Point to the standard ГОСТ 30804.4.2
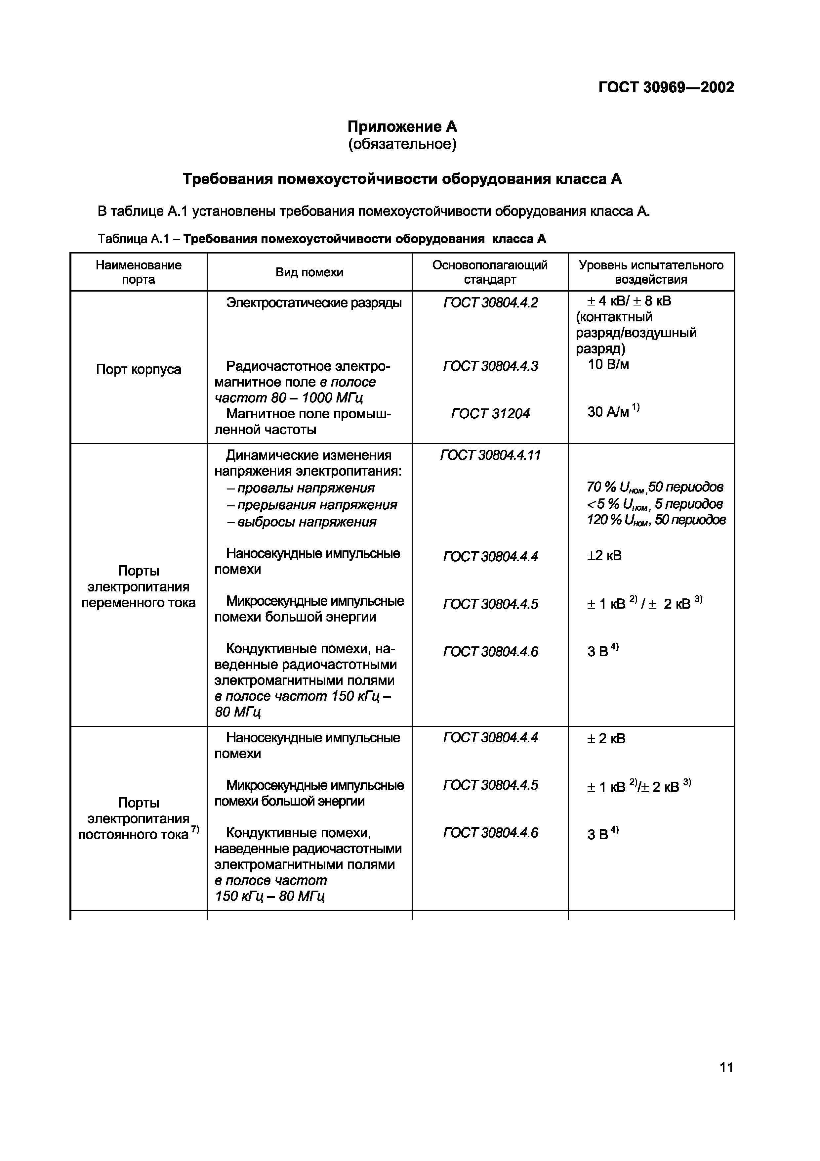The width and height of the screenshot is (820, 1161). pos(490,302)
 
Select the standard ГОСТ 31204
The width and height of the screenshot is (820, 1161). pos(490,414)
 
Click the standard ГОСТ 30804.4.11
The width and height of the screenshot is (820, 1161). pos(490,455)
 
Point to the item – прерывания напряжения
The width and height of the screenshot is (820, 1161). pos(311,505)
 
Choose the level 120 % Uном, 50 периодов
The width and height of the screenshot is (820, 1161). pos(656,520)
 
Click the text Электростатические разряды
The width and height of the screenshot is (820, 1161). pos(314,302)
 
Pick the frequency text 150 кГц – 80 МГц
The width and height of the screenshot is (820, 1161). pos(269,897)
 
